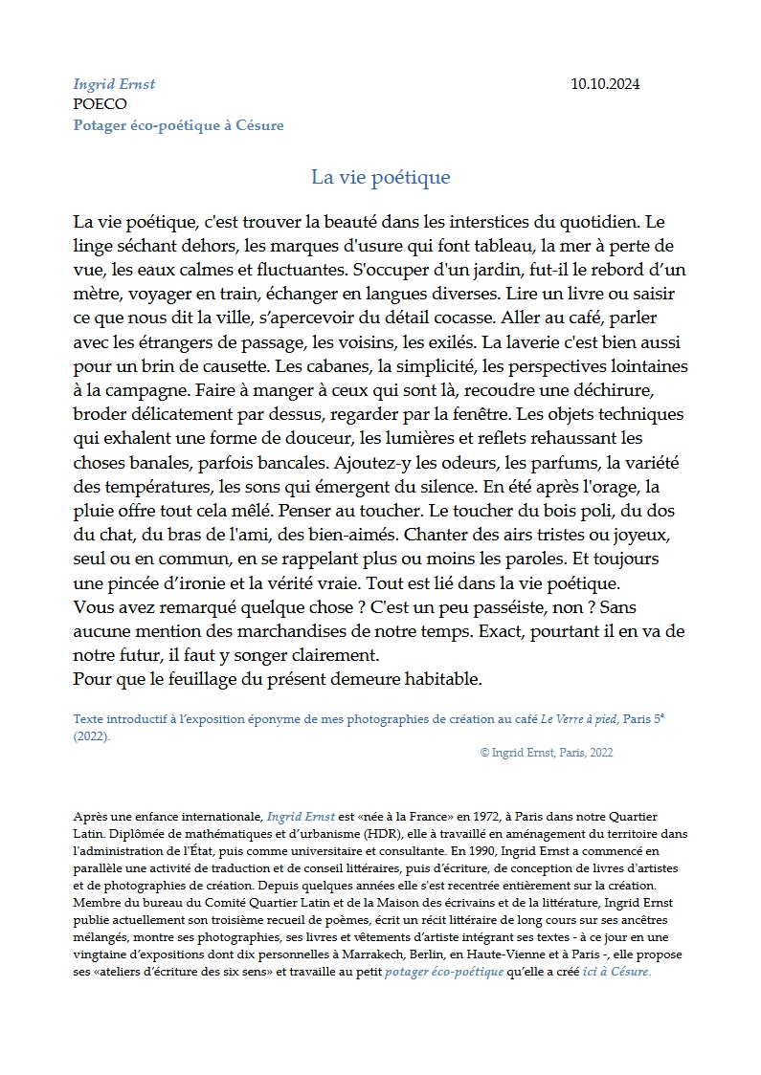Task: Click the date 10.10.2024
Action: (x=605, y=84)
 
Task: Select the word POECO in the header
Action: (x=100, y=104)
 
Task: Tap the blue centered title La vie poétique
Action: (x=380, y=177)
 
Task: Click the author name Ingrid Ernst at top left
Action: (x=114, y=84)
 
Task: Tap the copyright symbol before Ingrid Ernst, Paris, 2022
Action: (x=484, y=753)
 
